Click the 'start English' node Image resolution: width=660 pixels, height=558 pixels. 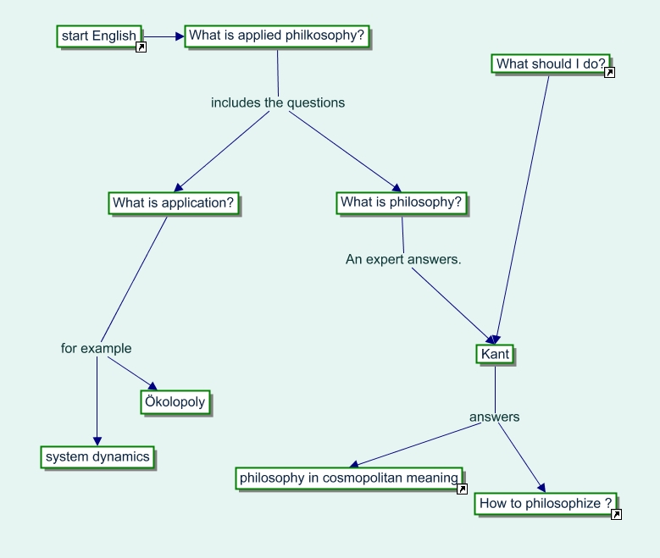click(x=98, y=36)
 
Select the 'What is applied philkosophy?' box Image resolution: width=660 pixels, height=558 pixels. click(x=277, y=36)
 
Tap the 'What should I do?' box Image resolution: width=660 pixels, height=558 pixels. click(x=551, y=64)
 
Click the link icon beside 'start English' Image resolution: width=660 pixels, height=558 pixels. click(x=141, y=47)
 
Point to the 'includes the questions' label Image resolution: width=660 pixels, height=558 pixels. click(x=278, y=102)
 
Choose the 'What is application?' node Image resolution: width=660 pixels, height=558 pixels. click(x=174, y=203)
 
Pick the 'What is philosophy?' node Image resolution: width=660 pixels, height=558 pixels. click(x=402, y=203)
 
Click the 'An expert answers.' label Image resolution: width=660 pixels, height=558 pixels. click(x=403, y=259)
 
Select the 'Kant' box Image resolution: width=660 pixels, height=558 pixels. click(x=495, y=354)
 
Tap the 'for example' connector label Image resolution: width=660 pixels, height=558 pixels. click(x=97, y=348)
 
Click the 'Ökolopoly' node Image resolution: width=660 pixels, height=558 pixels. click(x=175, y=402)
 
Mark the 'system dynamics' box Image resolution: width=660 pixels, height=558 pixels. click(x=97, y=457)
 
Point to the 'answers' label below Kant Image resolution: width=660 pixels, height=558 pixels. click(x=495, y=417)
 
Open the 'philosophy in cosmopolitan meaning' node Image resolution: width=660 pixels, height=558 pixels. click(x=348, y=478)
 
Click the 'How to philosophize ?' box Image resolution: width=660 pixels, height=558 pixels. click(x=545, y=504)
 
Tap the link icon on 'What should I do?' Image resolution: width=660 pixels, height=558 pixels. click(x=609, y=73)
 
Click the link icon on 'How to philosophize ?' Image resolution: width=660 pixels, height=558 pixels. click(x=616, y=514)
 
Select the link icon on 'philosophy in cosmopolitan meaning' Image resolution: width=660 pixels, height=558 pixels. click(x=462, y=489)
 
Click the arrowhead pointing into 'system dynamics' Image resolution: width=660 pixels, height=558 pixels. click(x=97, y=440)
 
